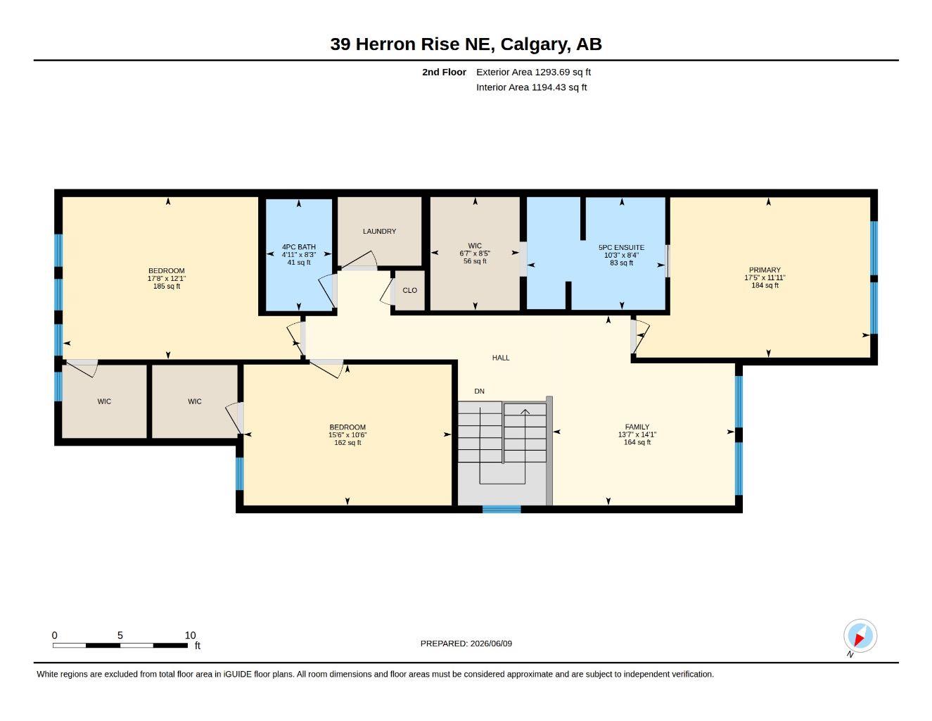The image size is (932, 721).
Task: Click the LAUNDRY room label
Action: click(379, 232)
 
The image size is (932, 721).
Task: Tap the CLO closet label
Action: click(409, 291)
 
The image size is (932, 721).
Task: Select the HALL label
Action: click(501, 358)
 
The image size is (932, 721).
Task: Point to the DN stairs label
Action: click(479, 391)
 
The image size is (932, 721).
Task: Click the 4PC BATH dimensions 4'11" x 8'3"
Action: click(298, 255)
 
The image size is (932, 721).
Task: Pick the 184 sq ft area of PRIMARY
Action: click(765, 285)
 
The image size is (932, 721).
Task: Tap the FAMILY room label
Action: click(637, 427)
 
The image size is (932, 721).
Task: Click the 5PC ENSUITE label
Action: click(621, 248)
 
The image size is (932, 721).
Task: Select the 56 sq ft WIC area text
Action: click(475, 261)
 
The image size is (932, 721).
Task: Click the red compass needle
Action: click(859, 640)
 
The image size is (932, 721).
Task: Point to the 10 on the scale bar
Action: click(190, 636)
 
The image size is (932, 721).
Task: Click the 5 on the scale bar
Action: click(120, 636)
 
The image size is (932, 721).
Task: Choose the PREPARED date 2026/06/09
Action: click(491, 644)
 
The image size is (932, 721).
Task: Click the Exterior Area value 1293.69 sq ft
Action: click(562, 72)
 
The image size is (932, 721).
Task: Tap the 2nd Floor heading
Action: click(444, 72)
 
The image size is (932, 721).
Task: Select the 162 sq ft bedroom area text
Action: click(347, 443)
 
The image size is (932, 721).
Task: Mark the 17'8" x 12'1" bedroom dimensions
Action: click(167, 279)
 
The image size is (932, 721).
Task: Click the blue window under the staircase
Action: click(502, 510)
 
